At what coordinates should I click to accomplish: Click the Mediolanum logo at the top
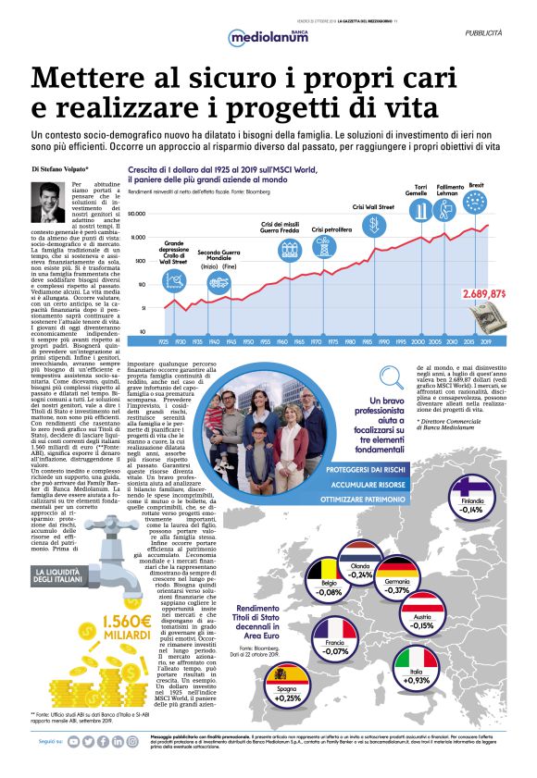268,38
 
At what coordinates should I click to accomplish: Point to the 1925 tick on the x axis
164,342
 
